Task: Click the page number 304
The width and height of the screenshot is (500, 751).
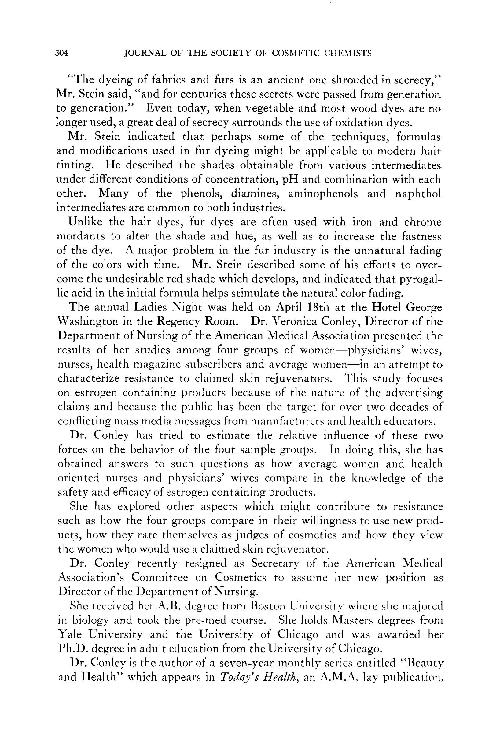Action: coord(61,53)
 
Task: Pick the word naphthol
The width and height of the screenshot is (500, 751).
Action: coord(418,194)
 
